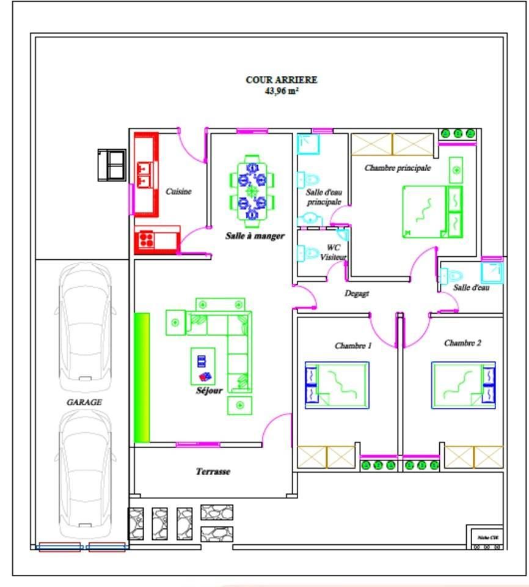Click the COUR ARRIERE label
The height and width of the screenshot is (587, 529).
[x=282, y=79]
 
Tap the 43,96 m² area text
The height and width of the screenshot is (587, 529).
[x=282, y=92]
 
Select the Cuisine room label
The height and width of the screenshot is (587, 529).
[x=178, y=191]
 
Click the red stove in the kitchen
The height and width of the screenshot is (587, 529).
[x=145, y=240]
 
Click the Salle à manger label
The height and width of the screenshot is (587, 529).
[x=255, y=235]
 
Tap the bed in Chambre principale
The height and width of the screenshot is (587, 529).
[x=424, y=211]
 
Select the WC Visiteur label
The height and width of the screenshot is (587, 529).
[x=333, y=253]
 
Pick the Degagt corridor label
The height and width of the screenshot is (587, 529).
[x=357, y=293]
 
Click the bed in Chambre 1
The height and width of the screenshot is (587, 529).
[x=337, y=385]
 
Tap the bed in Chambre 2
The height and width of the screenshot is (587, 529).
[x=463, y=385]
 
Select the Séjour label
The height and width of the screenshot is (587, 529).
[x=208, y=390]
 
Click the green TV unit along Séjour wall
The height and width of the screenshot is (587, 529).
[x=142, y=377]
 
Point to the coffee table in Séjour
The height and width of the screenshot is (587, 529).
[x=203, y=366]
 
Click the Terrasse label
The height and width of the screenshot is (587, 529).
[x=213, y=471]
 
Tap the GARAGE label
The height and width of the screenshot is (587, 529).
[x=84, y=402]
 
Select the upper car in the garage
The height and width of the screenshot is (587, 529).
[x=86, y=327]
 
